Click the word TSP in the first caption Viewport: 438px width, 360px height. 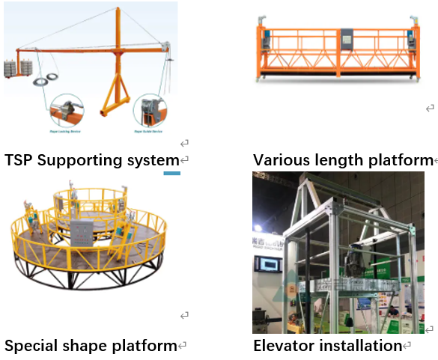[x=19, y=160]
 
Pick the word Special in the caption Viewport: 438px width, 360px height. [x=32, y=346]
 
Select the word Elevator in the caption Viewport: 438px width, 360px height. [x=284, y=346]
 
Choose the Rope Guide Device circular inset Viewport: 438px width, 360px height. [x=149, y=112]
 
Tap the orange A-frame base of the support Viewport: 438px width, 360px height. [x=115, y=97]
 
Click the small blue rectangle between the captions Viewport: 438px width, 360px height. [x=172, y=173]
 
